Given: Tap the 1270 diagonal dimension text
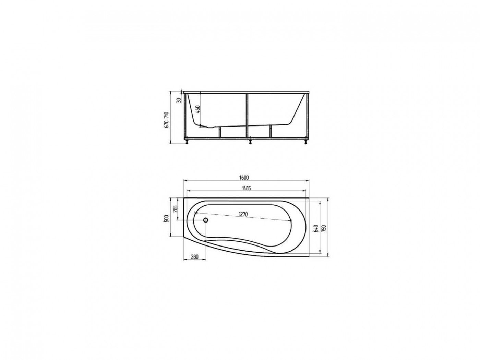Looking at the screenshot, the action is [x=243, y=214].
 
